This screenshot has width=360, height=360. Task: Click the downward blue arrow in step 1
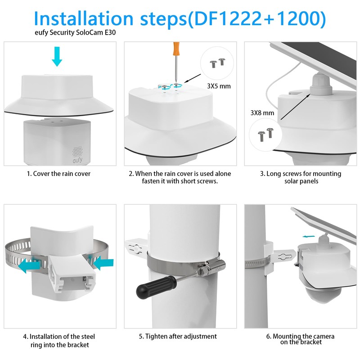pos(57,56)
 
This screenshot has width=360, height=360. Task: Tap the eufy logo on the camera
pos(77,160)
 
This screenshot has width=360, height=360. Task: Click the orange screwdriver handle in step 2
pos(176,49)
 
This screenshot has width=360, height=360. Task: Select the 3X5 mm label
pos(219,86)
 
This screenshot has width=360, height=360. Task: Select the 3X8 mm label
pos(262,113)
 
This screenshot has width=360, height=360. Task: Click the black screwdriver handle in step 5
pos(156,287)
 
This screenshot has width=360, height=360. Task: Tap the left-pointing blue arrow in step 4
pos(29,266)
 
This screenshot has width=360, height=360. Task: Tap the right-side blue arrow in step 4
pos(103,263)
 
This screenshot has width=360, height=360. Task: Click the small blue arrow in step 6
pos(308,237)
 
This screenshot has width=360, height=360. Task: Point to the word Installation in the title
pos(83,18)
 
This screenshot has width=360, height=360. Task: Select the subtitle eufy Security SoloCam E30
pos(75,32)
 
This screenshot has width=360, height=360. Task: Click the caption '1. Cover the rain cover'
pos(58,174)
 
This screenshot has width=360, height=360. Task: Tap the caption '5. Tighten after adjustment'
pos(178,336)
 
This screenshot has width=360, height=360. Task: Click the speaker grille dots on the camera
pos(77,152)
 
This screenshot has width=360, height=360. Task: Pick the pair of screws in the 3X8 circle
pos(265,134)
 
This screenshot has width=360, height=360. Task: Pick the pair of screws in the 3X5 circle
pos(217,63)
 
